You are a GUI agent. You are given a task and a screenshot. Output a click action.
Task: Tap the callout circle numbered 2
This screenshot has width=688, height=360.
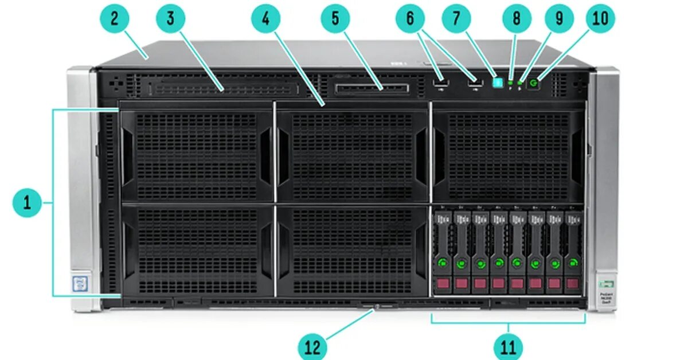[x=115, y=18]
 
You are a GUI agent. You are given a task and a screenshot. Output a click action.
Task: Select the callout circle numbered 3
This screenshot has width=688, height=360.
[x=170, y=18]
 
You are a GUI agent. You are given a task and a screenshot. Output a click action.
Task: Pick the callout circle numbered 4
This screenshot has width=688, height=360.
[x=266, y=18]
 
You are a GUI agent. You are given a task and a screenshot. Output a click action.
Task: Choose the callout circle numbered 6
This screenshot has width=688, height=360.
[x=410, y=18]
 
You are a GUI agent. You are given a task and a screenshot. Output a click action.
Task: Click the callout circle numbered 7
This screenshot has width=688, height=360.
[x=456, y=18]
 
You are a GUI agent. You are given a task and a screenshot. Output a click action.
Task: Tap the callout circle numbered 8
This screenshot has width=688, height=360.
[x=517, y=18]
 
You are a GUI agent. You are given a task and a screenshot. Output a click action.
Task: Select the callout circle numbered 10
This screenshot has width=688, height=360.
[x=600, y=18]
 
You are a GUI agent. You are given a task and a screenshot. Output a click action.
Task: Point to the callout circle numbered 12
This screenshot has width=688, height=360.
[x=312, y=346]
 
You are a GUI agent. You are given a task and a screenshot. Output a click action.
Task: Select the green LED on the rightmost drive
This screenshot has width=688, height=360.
[x=572, y=264]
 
